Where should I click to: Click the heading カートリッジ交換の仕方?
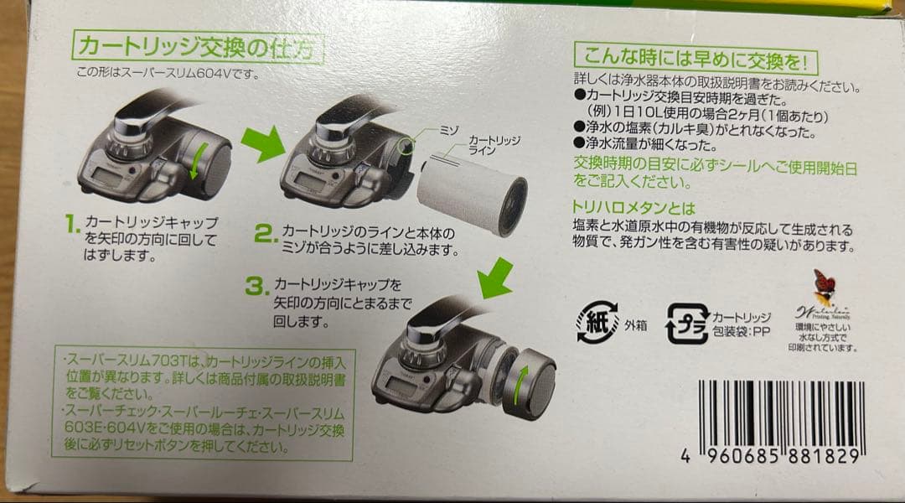pyautogui.click(x=196, y=47)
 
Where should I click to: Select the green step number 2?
pyautogui.click(x=265, y=233)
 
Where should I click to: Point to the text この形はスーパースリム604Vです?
pyautogui.click(x=168, y=72)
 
